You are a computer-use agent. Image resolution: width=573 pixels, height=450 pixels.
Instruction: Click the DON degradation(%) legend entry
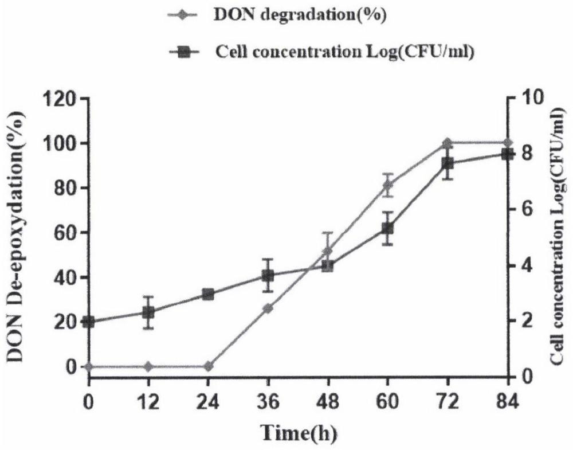(275, 15)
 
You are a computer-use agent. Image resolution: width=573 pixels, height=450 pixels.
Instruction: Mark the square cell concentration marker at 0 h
(88, 322)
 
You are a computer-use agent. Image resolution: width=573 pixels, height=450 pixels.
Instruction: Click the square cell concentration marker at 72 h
(448, 165)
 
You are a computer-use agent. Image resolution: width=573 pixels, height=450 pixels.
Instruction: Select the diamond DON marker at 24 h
(208, 366)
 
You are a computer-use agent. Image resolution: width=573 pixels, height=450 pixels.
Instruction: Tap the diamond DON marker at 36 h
(268, 308)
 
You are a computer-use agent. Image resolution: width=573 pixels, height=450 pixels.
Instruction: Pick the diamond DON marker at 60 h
(388, 185)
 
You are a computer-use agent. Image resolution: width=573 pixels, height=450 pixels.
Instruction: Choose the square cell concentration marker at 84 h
(507, 154)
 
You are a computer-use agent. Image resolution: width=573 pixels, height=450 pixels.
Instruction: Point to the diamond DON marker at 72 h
(448, 143)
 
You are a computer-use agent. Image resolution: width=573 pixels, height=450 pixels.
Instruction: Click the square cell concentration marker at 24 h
(208, 295)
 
